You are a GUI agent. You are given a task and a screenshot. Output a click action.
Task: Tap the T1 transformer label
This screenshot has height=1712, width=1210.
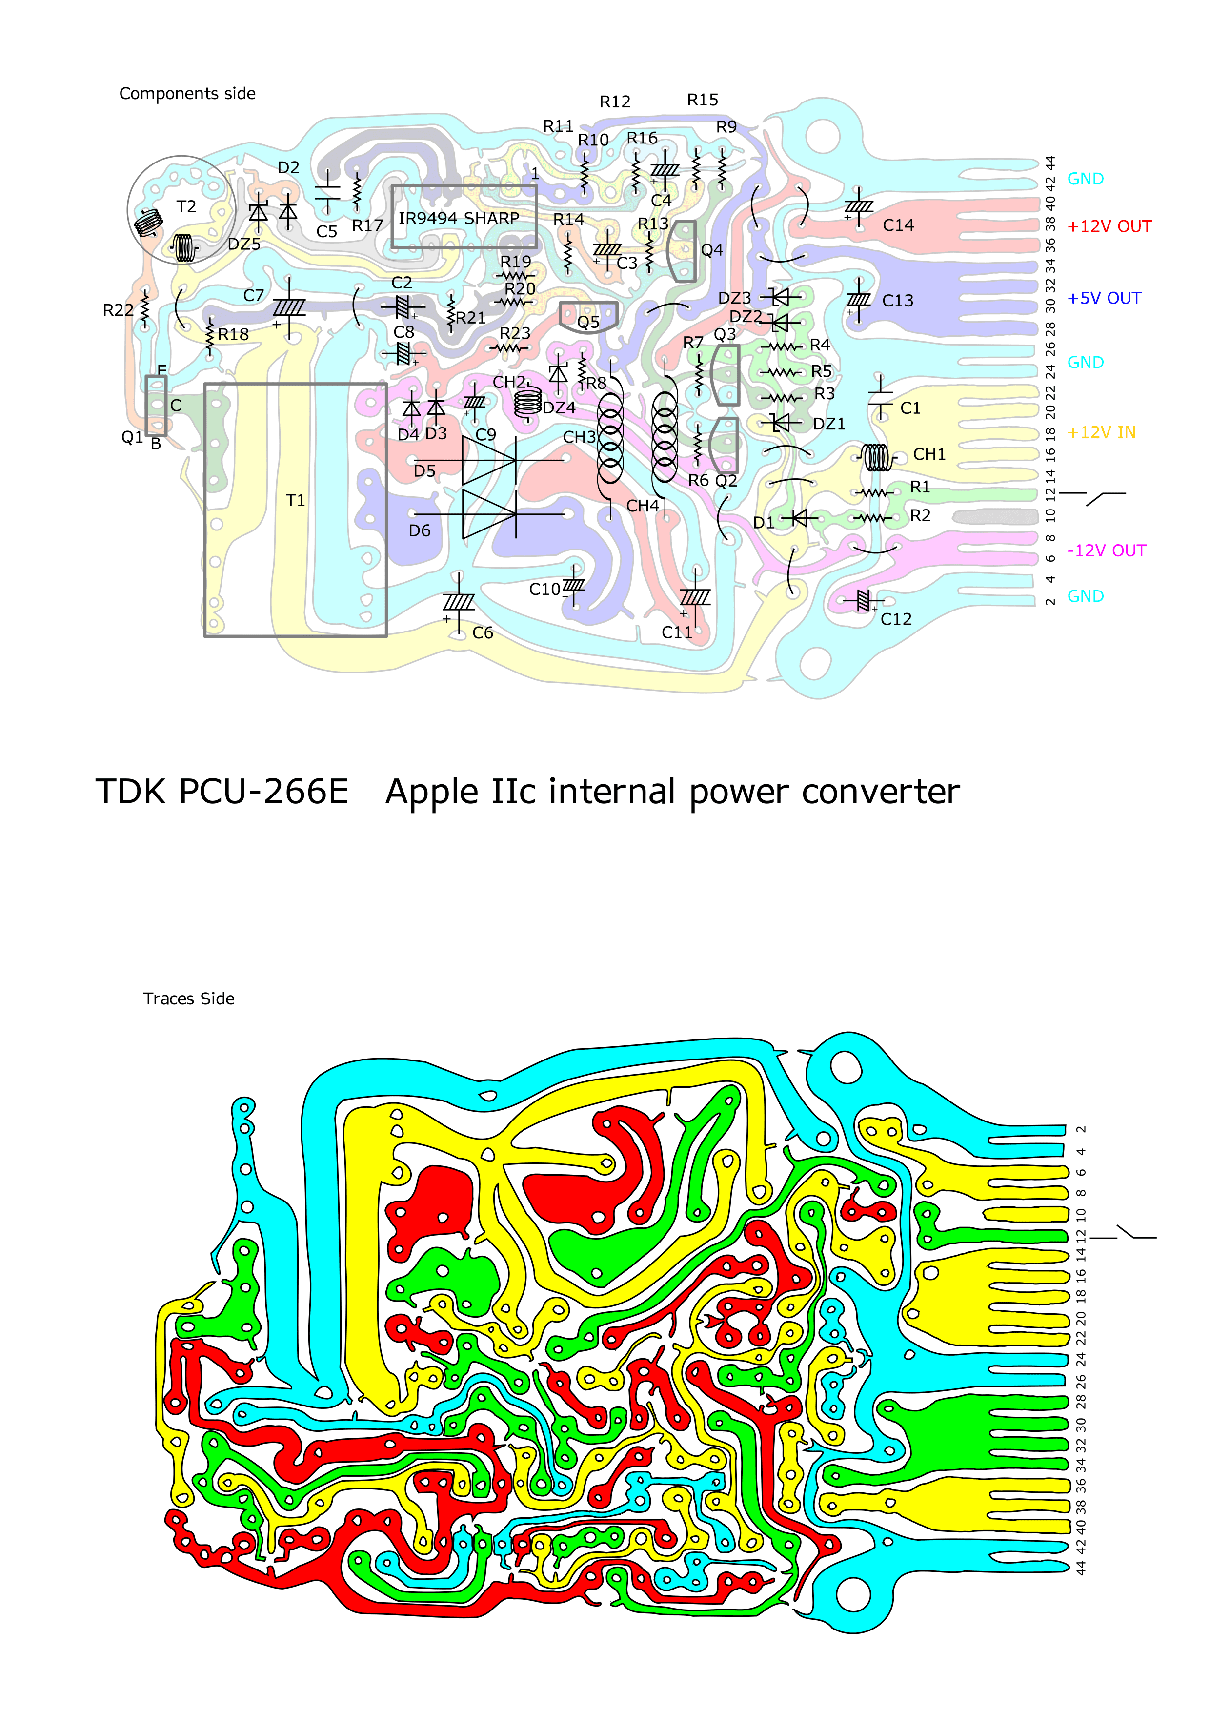coord(295,500)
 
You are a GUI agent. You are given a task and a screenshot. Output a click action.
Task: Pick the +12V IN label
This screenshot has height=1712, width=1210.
coord(1101,432)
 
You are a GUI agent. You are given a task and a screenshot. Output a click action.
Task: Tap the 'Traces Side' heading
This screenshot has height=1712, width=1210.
coord(189,999)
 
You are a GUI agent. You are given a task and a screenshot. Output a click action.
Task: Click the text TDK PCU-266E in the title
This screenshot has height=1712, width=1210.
coord(222,792)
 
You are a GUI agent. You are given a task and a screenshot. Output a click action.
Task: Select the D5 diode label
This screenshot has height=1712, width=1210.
coord(424,471)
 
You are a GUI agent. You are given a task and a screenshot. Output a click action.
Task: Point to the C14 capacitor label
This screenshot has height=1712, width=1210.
coord(898,225)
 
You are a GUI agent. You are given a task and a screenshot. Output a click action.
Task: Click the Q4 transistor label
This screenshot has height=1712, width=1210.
coord(711,250)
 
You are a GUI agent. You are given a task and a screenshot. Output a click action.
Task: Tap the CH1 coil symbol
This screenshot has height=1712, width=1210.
coord(877,457)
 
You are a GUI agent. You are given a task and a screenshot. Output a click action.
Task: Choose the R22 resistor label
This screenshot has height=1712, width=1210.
coord(118,310)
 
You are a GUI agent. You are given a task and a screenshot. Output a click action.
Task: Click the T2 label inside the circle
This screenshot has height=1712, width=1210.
coord(186,206)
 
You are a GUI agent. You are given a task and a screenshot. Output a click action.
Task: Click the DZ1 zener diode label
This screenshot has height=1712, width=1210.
coord(829,424)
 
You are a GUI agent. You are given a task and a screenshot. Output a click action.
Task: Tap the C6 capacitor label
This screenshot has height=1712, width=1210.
coord(483,633)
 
